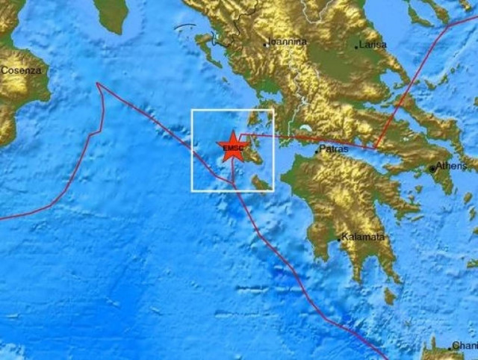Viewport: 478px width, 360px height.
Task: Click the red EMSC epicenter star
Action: click(232, 146)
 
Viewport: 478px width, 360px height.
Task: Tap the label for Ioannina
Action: click(288, 43)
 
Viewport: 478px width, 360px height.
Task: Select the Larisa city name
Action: click(373, 45)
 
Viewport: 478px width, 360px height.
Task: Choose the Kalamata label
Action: click(364, 237)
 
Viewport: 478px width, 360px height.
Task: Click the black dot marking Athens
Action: click(432, 169)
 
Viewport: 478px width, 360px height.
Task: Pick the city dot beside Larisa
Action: click(356, 46)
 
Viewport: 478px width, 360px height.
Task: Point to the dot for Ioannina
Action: click(265, 45)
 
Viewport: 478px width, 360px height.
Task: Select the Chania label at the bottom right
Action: click(465, 347)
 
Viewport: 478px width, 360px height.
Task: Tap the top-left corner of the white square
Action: click(192, 111)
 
